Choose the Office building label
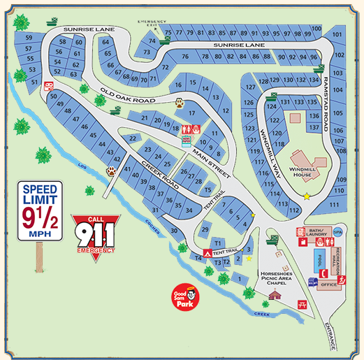(329, 285)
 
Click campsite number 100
(316, 29)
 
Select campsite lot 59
(29, 38)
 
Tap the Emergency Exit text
(153, 22)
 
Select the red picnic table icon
(303, 304)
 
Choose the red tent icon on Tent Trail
(206, 251)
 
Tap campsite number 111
(335, 204)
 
